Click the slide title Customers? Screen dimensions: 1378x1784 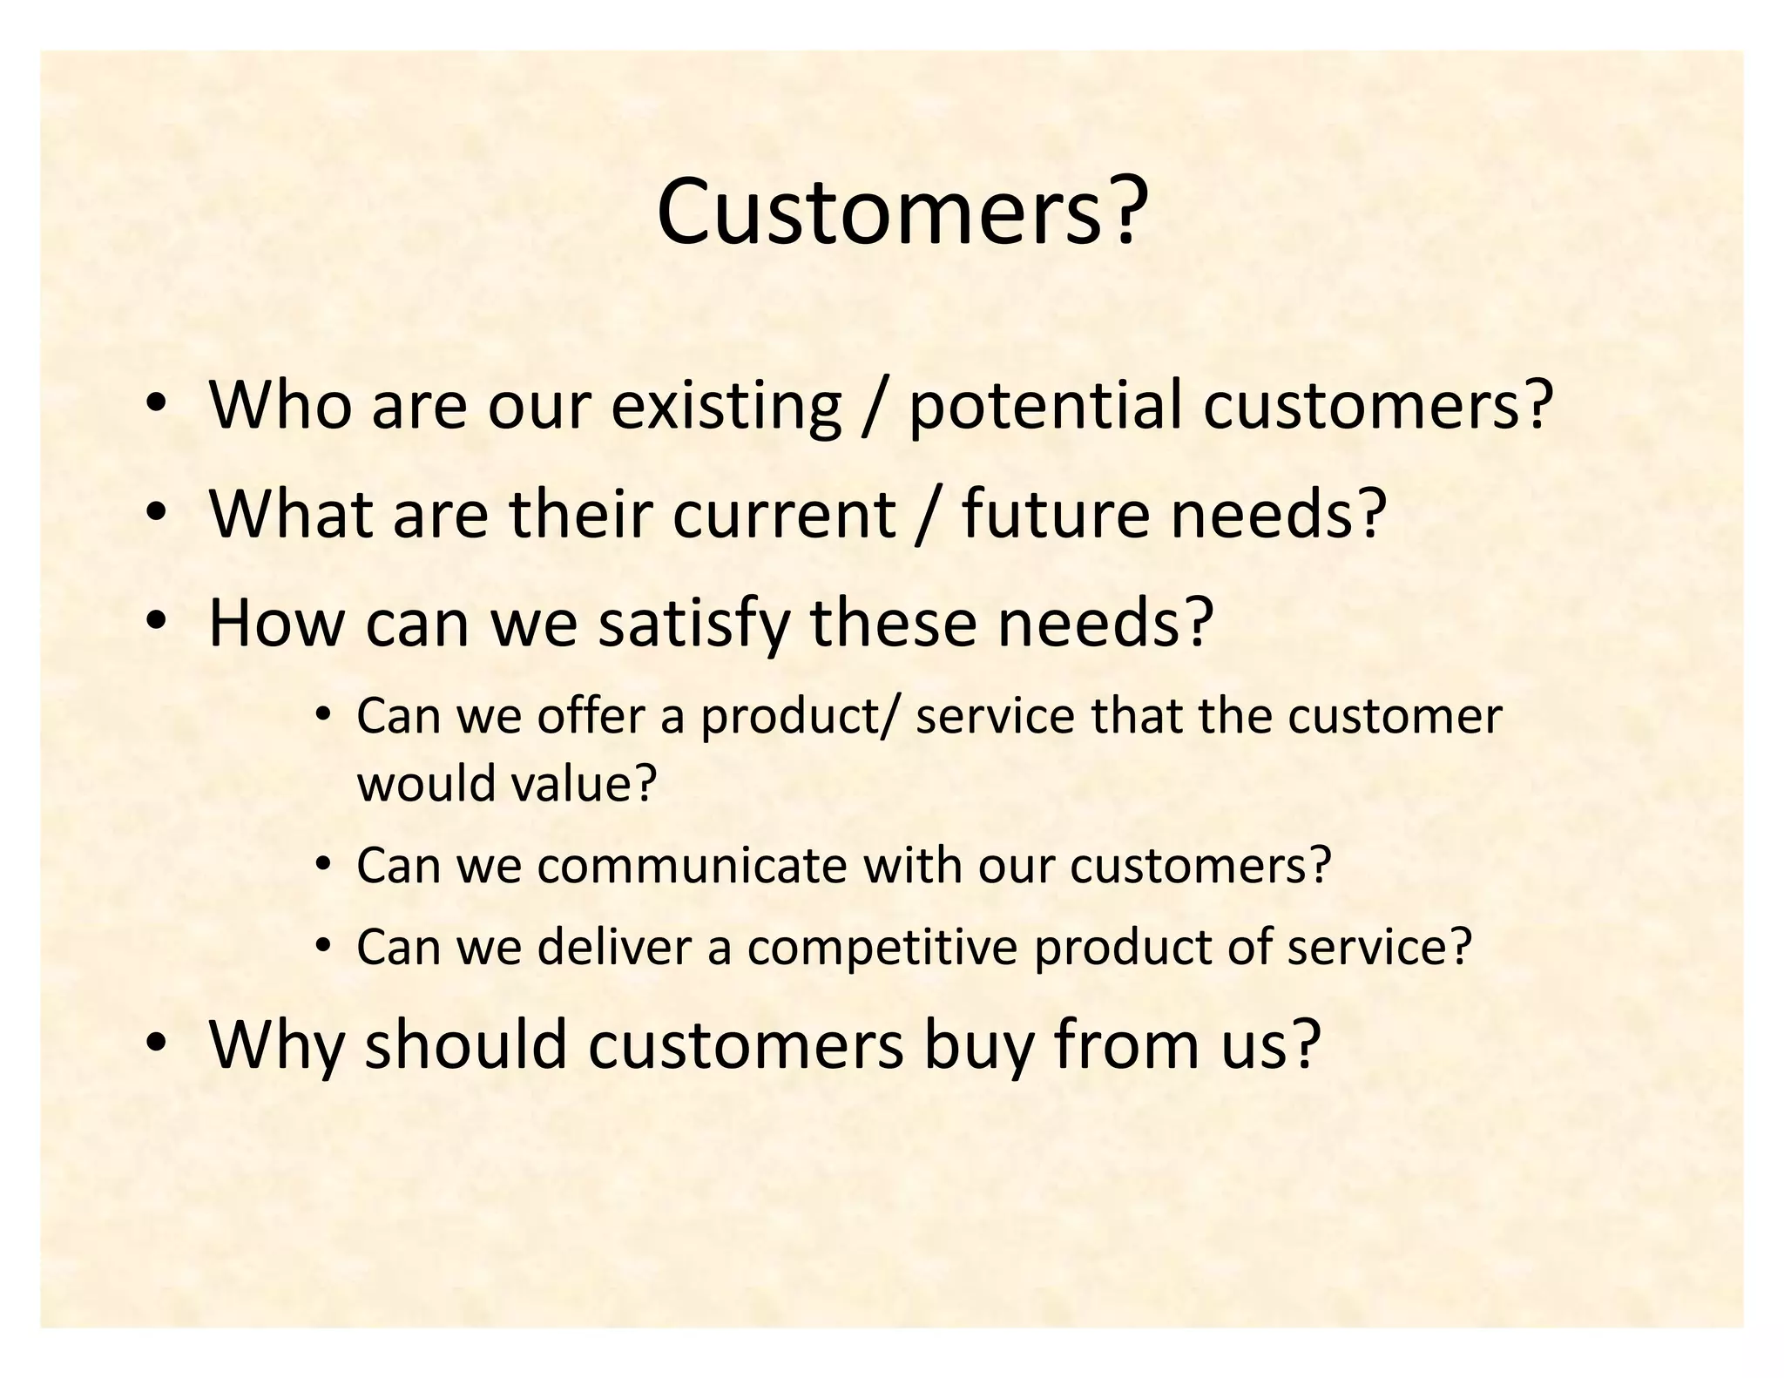[x=898, y=213]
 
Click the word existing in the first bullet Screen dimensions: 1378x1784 [x=726, y=406]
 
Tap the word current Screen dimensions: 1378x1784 [x=783, y=514]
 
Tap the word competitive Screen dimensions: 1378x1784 [x=882, y=947]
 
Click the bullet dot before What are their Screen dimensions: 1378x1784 [x=156, y=512]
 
